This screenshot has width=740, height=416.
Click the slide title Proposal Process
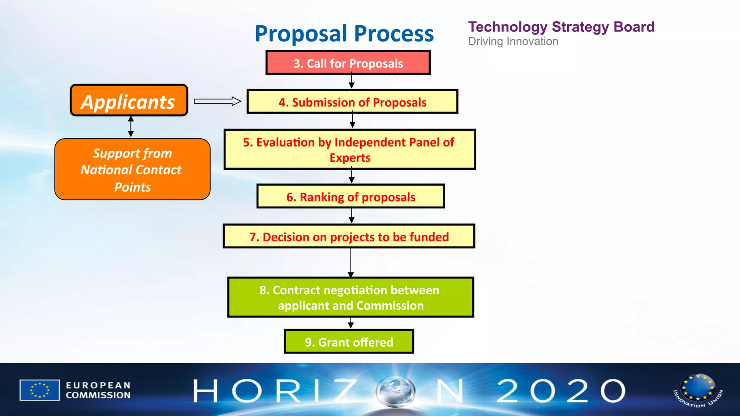coord(344,34)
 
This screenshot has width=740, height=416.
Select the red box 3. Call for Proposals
coord(348,63)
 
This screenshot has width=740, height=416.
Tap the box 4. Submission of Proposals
coord(352,102)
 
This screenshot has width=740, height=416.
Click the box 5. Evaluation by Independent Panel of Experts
coord(349,149)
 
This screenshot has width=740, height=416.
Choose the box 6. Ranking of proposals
coord(350,196)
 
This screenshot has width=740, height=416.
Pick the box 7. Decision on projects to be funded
coord(349,237)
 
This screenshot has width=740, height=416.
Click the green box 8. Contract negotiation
coord(350,297)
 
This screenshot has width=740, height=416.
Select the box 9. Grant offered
coord(349,342)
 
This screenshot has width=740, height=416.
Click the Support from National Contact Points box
coord(132,169)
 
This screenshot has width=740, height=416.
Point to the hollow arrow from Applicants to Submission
coord(217,101)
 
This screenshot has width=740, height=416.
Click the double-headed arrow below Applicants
coord(131,126)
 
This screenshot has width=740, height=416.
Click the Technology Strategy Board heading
coord(561,27)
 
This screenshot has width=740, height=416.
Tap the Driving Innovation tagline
coord(513,42)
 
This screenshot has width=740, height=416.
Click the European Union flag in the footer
coord(40,390)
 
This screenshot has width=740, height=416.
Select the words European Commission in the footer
coord(98,390)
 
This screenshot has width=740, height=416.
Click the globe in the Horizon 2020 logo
coord(395,391)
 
